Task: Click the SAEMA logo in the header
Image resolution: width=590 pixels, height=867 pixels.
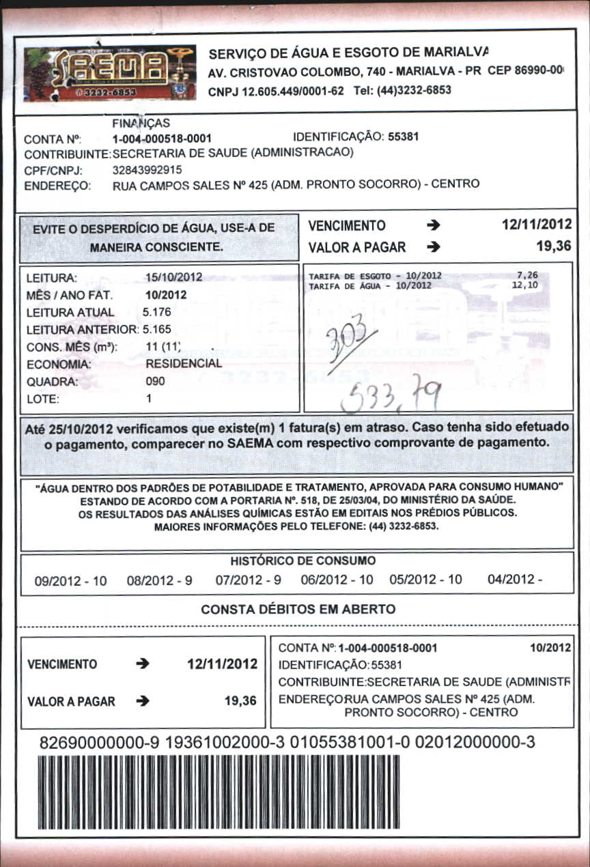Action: point(109,72)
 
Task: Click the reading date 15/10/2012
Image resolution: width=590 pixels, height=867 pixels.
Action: point(174,278)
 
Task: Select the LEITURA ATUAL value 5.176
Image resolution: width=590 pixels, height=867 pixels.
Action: point(157,312)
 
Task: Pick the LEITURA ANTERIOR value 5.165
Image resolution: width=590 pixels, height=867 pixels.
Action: point(157,329)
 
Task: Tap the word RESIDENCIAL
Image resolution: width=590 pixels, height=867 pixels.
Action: point(184,364)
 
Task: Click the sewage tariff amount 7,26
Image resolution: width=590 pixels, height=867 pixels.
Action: point(528,276)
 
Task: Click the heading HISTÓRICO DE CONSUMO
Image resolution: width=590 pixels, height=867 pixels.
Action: point(303,561)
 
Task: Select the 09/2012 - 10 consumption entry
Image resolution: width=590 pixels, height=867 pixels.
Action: point(71,581)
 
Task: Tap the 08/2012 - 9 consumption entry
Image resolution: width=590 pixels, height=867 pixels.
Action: point(160,581)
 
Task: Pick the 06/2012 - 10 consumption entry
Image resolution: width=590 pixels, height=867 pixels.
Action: point(337,581)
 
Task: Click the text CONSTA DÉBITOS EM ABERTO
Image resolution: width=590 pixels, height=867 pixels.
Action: point(298,609)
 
